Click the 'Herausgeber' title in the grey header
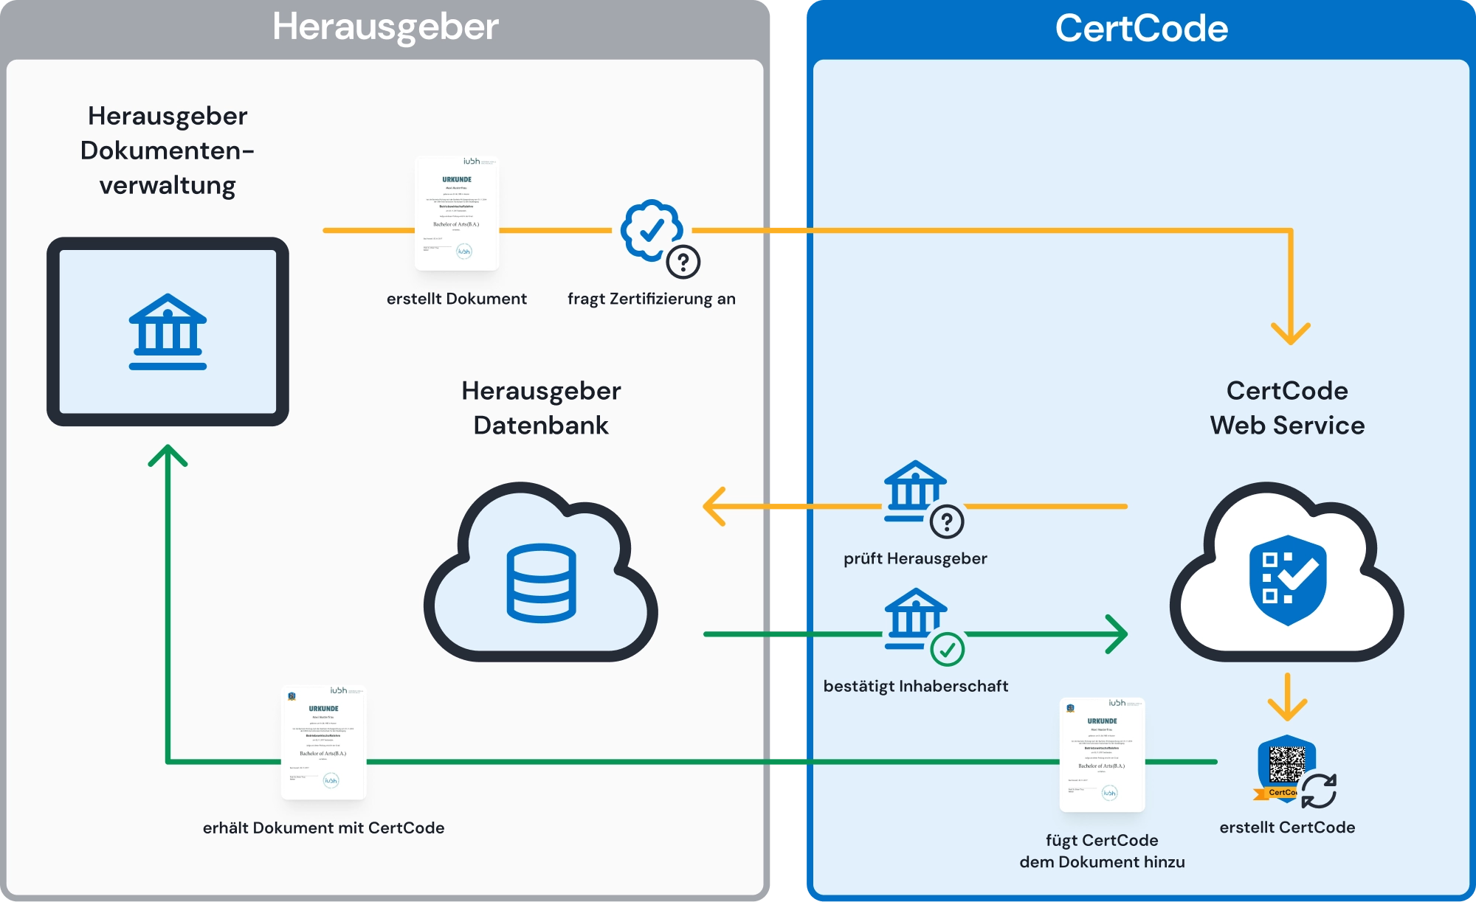[x=385, y=27]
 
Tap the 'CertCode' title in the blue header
[x=1141, y=29]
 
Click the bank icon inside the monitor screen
[x=168, y=332]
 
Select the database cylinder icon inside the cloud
[x=541, y=583]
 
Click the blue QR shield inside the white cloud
[x=1288, y=580]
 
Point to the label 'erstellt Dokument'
[x=456, y=299]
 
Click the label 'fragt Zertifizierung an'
[x=651, y=299]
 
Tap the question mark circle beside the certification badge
[x=683, y=262]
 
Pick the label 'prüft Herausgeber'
[x=915, y=558]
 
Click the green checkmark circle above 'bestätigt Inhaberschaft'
[x=948, y=649]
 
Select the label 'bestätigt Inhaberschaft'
[x=915, y=686]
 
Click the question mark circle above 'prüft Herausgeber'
[x=947, y=522]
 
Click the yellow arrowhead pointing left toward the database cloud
[x=714, y=506]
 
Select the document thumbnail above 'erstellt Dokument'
[x=457, y=213]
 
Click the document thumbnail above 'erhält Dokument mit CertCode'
[x=323, y=743]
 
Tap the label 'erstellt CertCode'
[x=1287, y=828]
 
